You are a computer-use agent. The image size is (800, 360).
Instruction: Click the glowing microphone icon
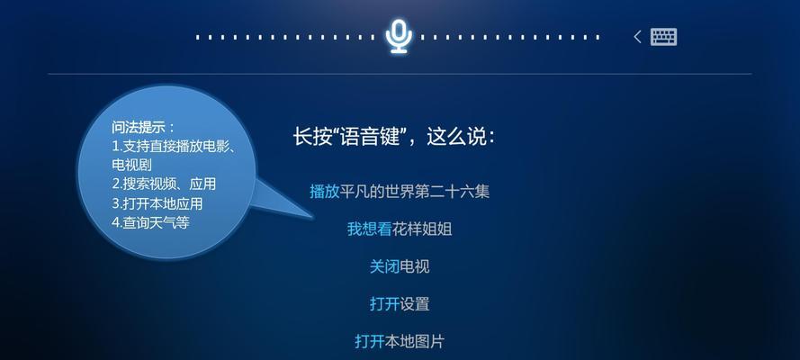(399, 37)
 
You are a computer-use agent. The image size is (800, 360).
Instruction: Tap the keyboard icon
(664, 37)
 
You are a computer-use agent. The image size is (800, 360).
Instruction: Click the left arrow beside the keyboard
(637, 37)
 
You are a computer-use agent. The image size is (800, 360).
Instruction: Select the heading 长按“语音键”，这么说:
(394, 137)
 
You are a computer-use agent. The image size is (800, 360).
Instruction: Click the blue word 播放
(325, 192)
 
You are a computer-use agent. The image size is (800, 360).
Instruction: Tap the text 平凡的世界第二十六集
(415, 192)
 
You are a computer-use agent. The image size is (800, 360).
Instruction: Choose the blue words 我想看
(369, 229)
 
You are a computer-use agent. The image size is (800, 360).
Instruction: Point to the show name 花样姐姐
(422, 229)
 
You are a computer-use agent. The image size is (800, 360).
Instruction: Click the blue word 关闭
(384, 266)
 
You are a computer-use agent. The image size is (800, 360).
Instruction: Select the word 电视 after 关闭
(415, 266)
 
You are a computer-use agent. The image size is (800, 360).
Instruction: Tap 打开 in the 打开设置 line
(384, 304)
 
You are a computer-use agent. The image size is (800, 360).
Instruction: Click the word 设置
(415, 304)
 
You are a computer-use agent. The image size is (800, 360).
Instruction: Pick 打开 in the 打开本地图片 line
(369, 341)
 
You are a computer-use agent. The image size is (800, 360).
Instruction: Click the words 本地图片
(414, 341)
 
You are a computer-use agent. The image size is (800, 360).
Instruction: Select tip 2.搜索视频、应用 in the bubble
(164, 184)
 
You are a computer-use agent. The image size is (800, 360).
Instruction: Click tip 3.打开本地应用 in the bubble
(157, 203)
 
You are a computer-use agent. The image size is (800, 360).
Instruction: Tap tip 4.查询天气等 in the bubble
(150, 222)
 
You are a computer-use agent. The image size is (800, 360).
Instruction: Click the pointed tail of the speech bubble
(312, 217)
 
